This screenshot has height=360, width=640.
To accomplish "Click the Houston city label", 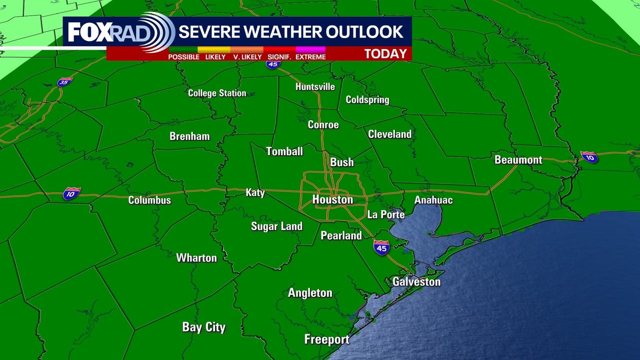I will coord(332,199).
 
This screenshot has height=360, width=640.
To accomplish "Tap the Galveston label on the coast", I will coord(416,281).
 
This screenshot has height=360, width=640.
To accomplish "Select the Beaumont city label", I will coord(518,160).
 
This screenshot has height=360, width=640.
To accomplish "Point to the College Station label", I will coord(217,93).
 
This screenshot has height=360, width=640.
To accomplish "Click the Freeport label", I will coord(327,339).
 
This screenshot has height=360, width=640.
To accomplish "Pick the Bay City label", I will coord(203,327).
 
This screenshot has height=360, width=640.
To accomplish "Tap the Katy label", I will coord(255,192).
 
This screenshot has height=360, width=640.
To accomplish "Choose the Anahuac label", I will coord(433,200).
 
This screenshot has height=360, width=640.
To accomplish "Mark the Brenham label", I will coord(189,136).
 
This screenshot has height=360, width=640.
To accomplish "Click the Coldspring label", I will coord(367,99).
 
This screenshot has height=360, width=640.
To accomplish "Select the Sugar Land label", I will coord(276,226).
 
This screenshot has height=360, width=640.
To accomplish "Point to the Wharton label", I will coord(196,258).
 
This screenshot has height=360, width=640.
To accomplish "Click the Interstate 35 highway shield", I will coord(64,82).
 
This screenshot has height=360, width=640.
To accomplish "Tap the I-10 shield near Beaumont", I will coord(589,156).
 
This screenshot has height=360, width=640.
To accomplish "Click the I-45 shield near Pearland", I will coord(381,247).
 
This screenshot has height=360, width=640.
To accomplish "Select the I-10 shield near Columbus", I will coord(71,193).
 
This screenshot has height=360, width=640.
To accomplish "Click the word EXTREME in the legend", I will coord(310,57).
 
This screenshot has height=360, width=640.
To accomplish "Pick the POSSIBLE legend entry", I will coord(183,57).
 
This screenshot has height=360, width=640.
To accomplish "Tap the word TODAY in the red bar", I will coord(385,53).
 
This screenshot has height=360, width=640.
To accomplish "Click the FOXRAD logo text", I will coord(105,32).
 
